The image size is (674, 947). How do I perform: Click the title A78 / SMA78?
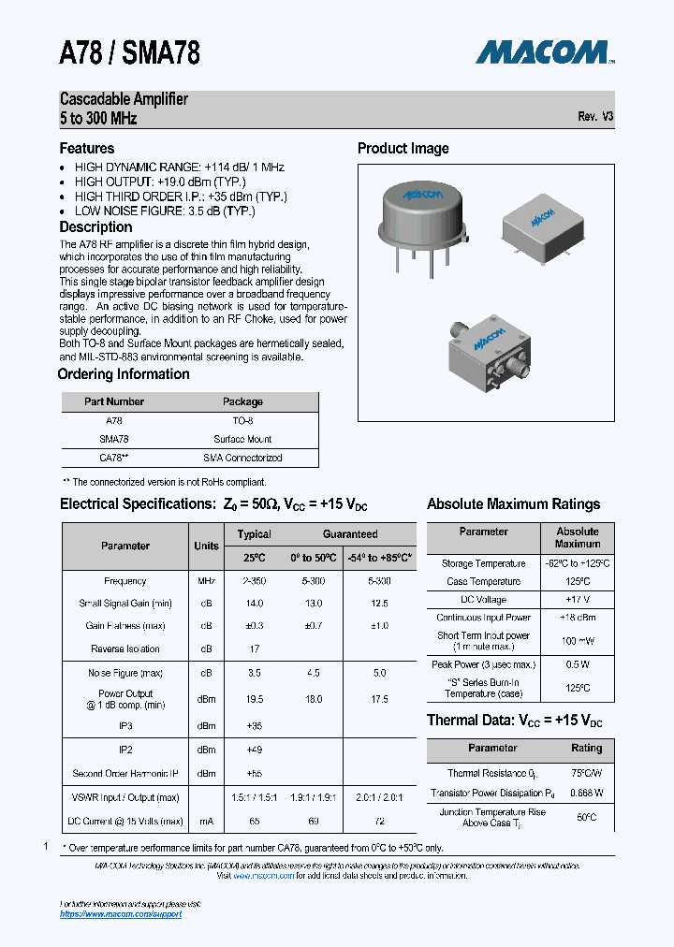tap(129, 53)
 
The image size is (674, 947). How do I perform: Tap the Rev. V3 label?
tap(595, 117)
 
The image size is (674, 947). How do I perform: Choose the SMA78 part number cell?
tap(114, 439)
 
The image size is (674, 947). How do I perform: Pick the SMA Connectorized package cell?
tap(242, 458)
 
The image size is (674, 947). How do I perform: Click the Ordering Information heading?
tap(124, 374)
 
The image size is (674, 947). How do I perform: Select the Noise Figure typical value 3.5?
tap(254, 672)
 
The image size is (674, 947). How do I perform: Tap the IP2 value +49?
tap(254, 750)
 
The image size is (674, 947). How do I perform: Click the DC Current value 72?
tap(378, 821)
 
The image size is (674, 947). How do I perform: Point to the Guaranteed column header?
tap(350, 534)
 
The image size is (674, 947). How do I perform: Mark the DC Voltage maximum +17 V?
tap(577, 599)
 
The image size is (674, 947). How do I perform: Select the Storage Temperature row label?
tap(483, 563)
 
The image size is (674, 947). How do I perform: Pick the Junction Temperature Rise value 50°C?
tap(586, 817)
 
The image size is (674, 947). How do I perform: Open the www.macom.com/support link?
tap(121, 913)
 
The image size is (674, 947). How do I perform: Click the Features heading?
tap(87, 149)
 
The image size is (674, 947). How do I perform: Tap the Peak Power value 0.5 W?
tap(577, 664)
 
